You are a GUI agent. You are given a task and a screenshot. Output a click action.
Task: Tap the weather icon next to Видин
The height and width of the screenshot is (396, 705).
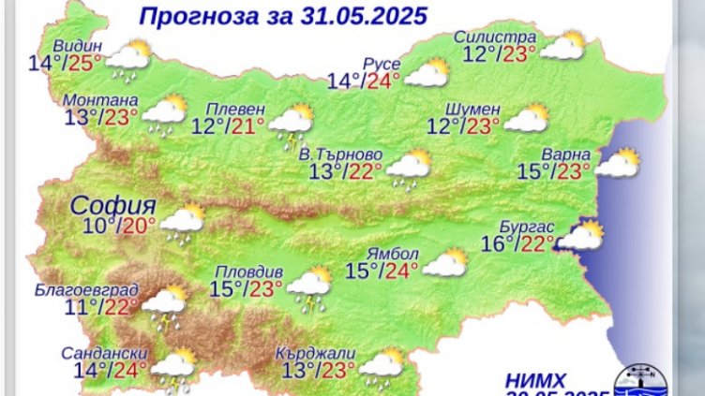pos(130,59)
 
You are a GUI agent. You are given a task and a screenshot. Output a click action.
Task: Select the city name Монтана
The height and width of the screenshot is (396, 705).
pos(101,100)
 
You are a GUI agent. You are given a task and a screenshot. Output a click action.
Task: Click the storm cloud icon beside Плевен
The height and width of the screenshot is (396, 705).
pos(291,125)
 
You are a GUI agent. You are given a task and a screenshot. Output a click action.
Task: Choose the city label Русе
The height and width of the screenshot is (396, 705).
pos(382,64)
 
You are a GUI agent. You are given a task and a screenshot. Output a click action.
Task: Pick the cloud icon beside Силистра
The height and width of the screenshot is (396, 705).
pos(562,46)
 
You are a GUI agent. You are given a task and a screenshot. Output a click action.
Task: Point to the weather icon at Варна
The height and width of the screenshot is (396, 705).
pos(617,163)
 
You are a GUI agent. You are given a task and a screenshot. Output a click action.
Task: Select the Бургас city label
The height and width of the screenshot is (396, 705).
pos(534,227)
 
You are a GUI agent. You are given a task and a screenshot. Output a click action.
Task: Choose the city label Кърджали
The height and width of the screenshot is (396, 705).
pos(316,352)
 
